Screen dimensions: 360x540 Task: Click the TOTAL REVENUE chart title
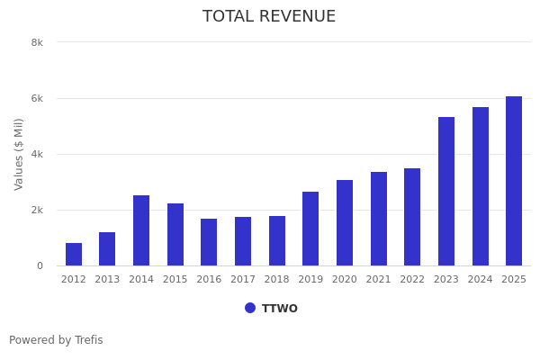click(x=269, y=17)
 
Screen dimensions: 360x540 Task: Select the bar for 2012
click(x=74, y=255)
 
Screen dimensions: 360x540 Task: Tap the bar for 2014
click(x=141, y=230)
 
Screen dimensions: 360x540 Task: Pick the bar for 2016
click(x=209, y=242)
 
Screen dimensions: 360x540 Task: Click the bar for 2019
click(x=310, y=229)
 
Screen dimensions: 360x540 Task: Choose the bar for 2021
click(x=379, y=219)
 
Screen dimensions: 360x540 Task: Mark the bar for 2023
click(x=446, y=191)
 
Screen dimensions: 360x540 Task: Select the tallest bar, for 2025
click(x=514, y=181)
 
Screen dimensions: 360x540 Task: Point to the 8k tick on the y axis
click(x=37, y=42)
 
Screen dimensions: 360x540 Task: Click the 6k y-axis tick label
click(x=37, y=98)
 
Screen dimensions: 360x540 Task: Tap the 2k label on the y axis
click(x=37, y=210)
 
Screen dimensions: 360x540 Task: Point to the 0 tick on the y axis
click(x=40, y=265)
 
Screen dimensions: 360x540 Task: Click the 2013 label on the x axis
click(x=107, y=280)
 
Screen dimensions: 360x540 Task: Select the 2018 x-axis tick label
click(x=277, y=280)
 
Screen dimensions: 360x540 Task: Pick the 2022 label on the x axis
click(x=412, y=280)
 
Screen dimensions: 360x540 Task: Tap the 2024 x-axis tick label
click(x=481, y=280)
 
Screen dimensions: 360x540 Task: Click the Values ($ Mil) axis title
click(x=19, y=154)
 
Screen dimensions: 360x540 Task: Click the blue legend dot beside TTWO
click(x=250, y=308)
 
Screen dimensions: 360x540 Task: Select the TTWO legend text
click(x=280, y=309)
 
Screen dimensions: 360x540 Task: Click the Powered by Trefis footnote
click(x=56, y=340)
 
